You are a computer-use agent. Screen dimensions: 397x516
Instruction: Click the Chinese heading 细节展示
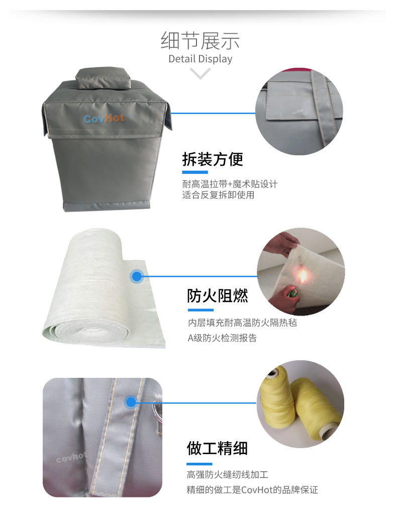[200, 41]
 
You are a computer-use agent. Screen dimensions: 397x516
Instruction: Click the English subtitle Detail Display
[200, 59]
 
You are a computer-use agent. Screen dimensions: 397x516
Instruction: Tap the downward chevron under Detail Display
[200, 73]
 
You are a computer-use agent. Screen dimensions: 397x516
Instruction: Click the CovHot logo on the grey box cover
[104, 118]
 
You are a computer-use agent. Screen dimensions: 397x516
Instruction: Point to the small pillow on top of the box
[104, 78]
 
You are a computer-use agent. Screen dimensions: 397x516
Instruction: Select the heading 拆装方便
[213, 159]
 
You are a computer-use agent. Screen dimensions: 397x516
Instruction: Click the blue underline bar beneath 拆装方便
[195, 172]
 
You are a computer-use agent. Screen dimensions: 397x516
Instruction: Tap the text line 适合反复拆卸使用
[218, 195]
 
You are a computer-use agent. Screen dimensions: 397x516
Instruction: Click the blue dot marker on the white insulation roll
[136, 276]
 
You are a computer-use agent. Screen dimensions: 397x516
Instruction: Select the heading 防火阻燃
[218, 295]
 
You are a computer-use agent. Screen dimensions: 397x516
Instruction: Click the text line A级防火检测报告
[222, 338]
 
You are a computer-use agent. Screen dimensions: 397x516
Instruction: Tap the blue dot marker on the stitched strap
[131, 402]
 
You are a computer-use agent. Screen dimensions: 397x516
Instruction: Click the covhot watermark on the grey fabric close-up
[71, 457]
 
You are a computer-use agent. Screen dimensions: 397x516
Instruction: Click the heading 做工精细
[217, 448]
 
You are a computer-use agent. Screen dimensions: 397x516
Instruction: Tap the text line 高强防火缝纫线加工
[228, 474]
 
